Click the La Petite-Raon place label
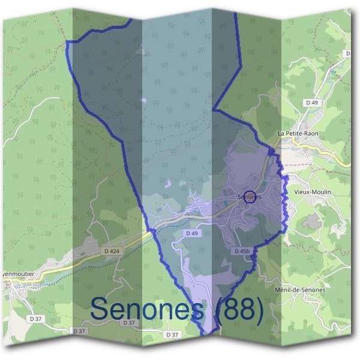pos(298,133)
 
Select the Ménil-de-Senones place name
pos(299,290)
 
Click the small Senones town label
pos(249,196)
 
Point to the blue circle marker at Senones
pos(251,196)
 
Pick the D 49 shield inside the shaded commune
pos(191,233)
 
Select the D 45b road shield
pos(242,251)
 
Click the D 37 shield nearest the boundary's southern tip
pos(172,334)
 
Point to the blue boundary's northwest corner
pos(67,42)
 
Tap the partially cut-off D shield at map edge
pos(347,53)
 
